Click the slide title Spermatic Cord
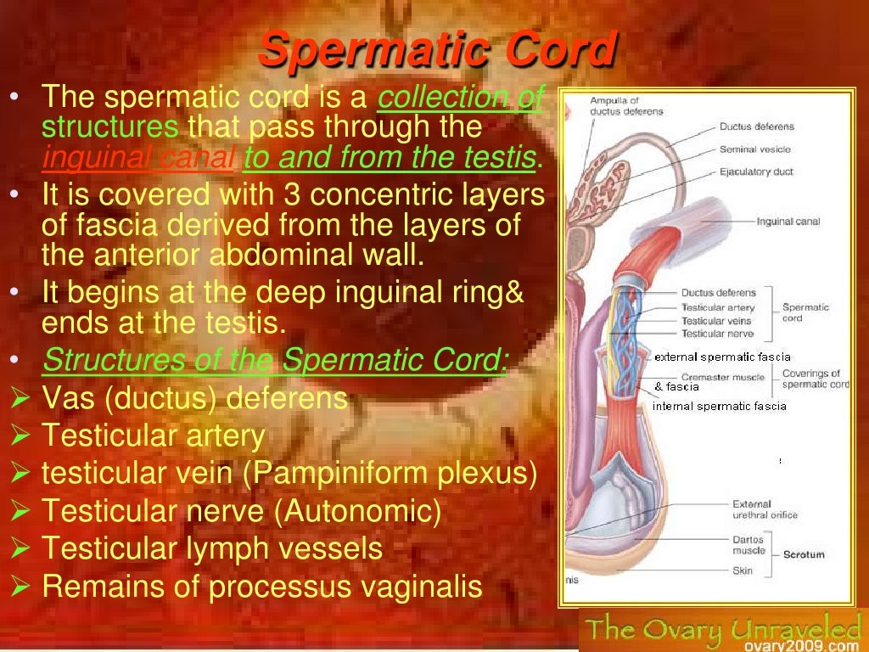(436, 50)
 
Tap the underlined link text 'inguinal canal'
(139, 158)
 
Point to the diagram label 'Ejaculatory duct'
(755, 171)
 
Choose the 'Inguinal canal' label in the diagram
(788, 222)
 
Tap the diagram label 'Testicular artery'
(717, 307)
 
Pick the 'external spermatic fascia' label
(722, 357)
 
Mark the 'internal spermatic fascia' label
(719, 406)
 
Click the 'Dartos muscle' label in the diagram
(748, 544)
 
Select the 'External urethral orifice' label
(764, 509)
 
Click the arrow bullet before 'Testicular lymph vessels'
(22, 549)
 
